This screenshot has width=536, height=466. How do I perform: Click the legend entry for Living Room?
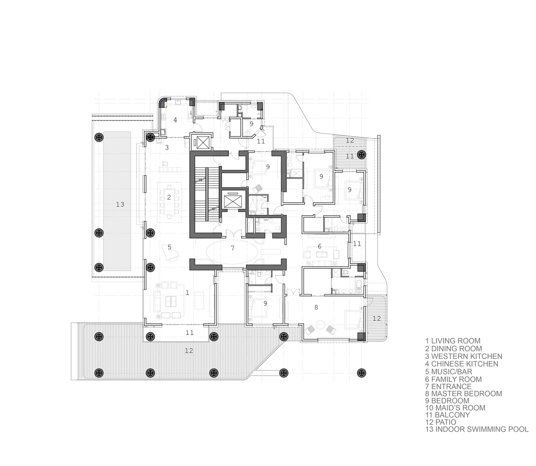click(453, 341)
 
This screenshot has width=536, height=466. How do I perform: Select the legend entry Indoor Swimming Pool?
click(477, 429)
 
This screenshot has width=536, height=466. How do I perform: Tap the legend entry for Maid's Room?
click(455, 408)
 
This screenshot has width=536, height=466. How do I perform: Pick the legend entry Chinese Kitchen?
click(462, 364)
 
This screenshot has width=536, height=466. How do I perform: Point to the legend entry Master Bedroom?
click(463, 394)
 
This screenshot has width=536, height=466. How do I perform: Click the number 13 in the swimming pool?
click(120, 204)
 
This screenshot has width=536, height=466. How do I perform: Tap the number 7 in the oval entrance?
click(233, 248)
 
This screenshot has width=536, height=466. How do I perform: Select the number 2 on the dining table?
click(169, 197)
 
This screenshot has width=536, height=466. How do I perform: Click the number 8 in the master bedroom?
click(316, 307)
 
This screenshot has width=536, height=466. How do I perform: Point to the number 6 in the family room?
click(319, 246)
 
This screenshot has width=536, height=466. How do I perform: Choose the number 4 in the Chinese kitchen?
click(175, 120)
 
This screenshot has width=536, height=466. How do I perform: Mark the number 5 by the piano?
click(170, 247)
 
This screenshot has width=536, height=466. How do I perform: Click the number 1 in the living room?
click(187, 293)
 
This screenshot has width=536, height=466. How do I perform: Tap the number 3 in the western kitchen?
click(167, 147)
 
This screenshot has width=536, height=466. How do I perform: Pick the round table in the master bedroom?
click(321, 324)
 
